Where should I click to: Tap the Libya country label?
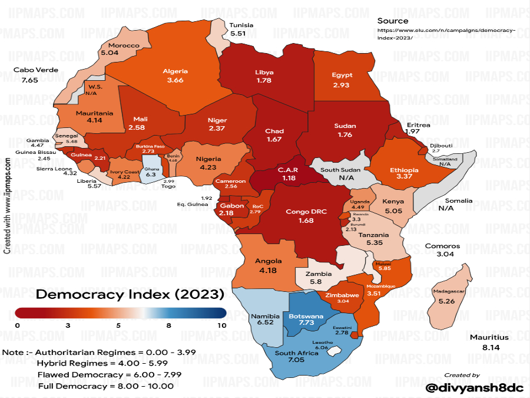[x=264, y=73]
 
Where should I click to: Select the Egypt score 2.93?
[x=342, y=85]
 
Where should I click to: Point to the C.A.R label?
[x=289, y=169]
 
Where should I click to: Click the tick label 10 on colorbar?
[x=221, y=325]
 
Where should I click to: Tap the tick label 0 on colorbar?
[x=18, y=325]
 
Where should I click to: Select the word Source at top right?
[x=393, y=21]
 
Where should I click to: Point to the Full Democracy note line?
[x=106, y=386]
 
